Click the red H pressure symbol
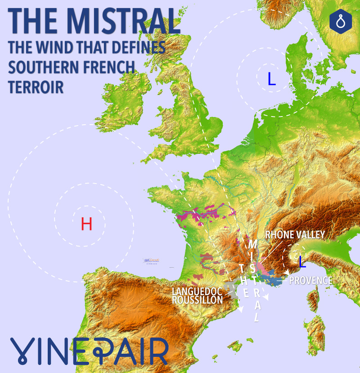[86, 224]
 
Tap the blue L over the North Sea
[271, 79]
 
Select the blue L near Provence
[302, 261]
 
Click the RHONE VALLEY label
[295, 235]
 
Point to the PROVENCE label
[310, 281]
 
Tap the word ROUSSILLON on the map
[197, 300]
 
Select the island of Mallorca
[234, 346]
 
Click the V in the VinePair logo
[22, 351]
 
